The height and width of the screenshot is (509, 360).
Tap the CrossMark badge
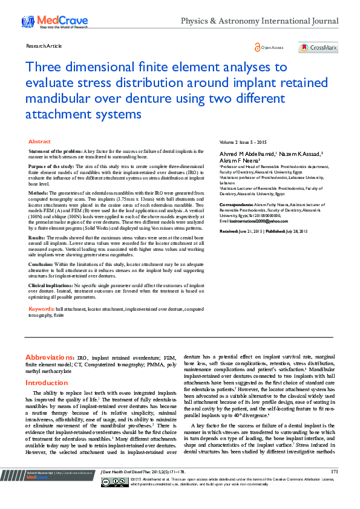point(318,48)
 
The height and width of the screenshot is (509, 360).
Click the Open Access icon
point(269,48)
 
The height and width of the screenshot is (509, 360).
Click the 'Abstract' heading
point(40,141)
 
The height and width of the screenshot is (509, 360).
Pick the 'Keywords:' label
point(42,309)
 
